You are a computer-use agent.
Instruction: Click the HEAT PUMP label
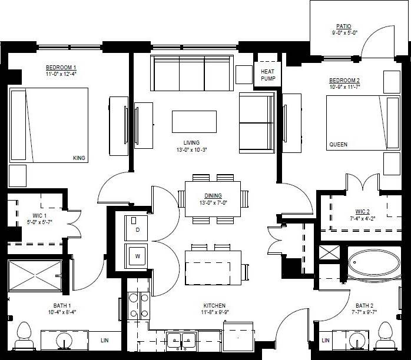(268, 75)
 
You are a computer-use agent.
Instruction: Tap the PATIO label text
(343, 26)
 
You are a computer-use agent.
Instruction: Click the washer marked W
(137, 256)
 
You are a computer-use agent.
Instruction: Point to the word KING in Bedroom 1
(79, 158)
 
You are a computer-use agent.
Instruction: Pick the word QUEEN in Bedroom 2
(338, 145)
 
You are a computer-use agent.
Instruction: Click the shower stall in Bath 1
(34, 275)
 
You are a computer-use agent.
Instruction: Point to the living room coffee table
(194, 122)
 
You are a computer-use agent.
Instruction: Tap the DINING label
(213, 196)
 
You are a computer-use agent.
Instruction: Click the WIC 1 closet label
(24, 215)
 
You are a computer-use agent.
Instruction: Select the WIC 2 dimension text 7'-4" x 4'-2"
(362, 219)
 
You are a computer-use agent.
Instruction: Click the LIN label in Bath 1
(104, 340)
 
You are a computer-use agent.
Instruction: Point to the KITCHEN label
(214, 305)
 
